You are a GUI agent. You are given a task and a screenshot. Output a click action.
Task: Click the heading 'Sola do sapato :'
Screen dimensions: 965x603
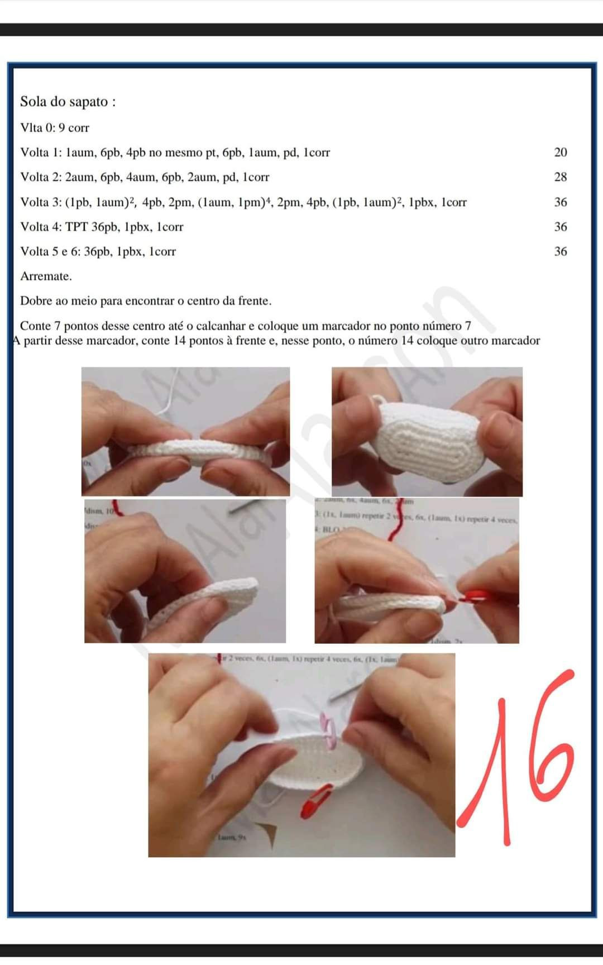click(x=68, y=102)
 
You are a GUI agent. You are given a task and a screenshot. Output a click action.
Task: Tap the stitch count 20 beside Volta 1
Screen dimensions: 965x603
click(x=561, y=152)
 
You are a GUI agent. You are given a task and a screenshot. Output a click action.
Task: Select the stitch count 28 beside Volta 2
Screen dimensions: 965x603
click(x=561, y=177)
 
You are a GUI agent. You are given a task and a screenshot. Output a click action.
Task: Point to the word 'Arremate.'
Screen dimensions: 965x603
click(x=46, y=276)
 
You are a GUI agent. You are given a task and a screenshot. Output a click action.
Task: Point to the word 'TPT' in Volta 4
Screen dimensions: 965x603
click(x=76, y=227)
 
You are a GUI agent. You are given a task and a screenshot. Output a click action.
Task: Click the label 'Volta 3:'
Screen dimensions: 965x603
click(x=41, y=202)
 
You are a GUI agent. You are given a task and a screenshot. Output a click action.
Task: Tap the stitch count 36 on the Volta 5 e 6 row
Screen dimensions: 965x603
click(x=561, y=251)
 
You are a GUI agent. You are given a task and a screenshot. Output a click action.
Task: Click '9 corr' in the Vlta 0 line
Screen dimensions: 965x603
click(x=74, y=128)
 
